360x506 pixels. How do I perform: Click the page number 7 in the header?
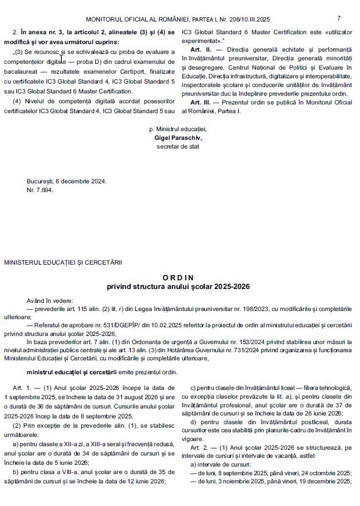click(x=339, y=18)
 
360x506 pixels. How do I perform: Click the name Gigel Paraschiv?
click(x=177, y=138)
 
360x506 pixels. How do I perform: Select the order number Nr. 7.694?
click(x=39, y=190)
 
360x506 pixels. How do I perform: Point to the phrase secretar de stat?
click(x=177, y=146)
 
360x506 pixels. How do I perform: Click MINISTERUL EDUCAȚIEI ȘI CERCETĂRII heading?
click(x=63, y=263)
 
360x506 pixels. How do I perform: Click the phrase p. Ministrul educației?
click(x=177, y=129)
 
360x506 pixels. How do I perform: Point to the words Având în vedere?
click(x=50, y=301)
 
